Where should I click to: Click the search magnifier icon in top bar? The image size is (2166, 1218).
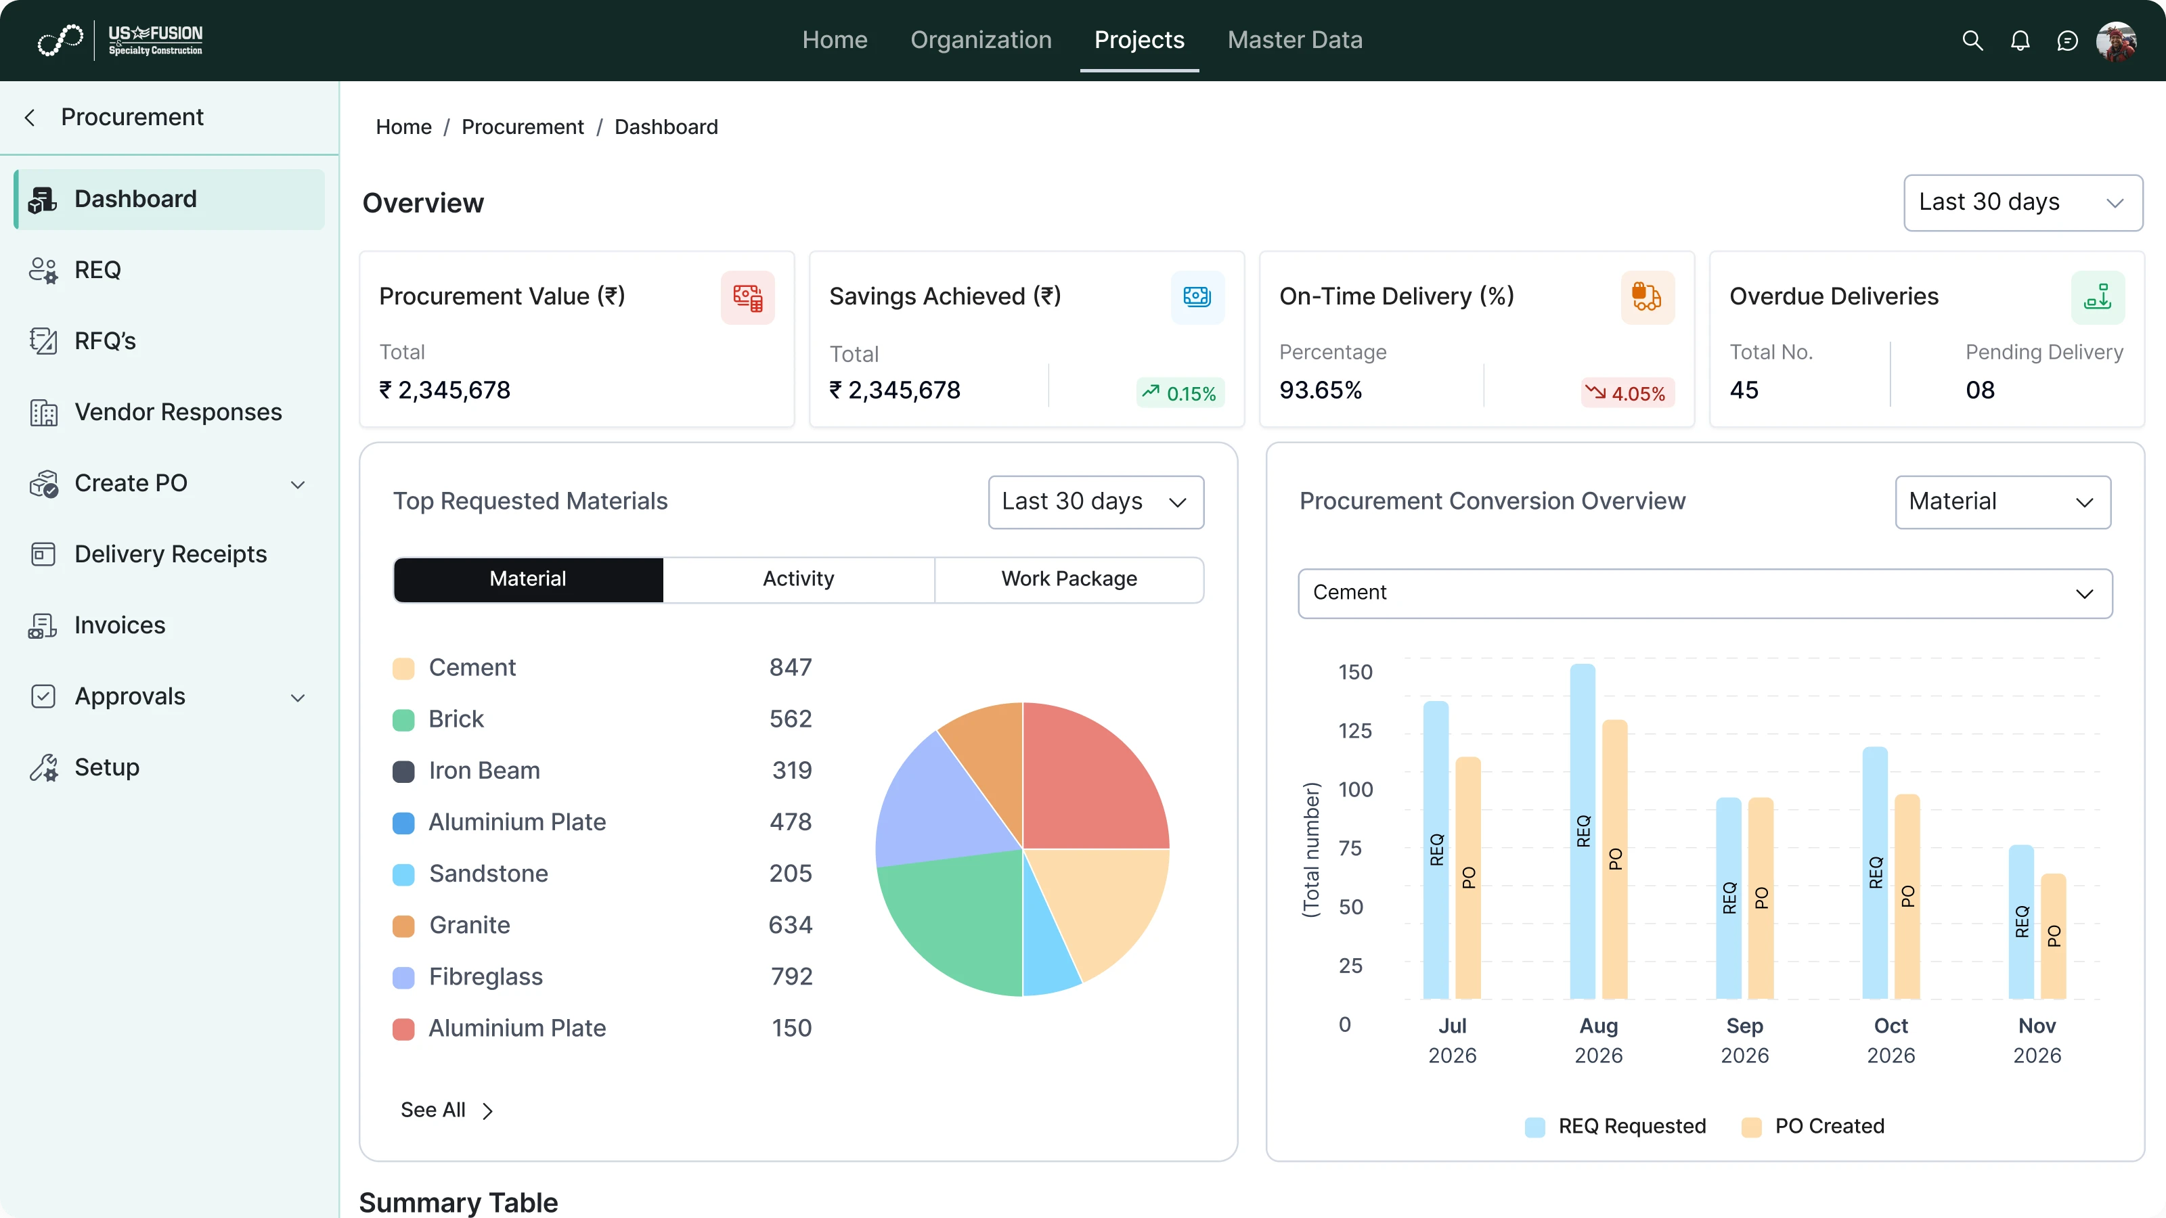(1972, 41)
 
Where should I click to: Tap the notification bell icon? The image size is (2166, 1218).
(2020, 41)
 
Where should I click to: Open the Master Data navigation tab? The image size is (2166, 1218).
(1294, 41)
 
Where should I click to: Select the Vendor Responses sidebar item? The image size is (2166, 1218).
(177, 412)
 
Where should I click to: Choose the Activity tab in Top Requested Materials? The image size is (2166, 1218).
(798, 579)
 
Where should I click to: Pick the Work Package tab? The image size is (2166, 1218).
(1069, 579)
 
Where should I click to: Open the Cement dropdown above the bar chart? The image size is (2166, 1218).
(1704, 593)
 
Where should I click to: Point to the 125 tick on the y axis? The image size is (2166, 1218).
(1354, 731)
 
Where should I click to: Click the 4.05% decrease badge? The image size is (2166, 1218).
(1627, 393)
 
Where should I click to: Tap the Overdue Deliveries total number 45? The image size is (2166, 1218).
(1743, 390)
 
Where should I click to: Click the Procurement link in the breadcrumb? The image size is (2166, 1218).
(522, 127)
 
